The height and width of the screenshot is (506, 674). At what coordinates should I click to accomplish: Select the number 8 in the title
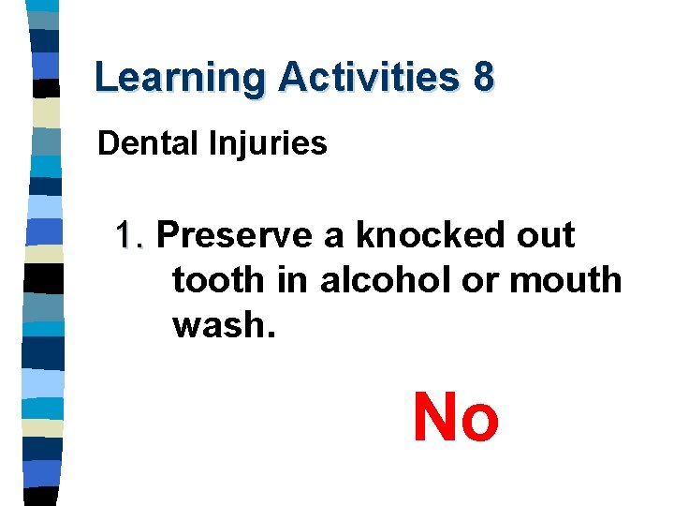pos(482,77)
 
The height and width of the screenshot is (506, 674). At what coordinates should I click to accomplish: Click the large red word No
pos(456,417)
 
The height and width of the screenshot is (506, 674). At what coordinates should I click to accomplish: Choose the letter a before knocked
pos(333,238)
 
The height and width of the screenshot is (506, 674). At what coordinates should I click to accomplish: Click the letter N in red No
pos(434,417)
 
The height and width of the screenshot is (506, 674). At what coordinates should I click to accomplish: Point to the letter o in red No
pos(480,422)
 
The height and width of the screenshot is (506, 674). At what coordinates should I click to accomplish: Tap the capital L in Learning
pos(105,78)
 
